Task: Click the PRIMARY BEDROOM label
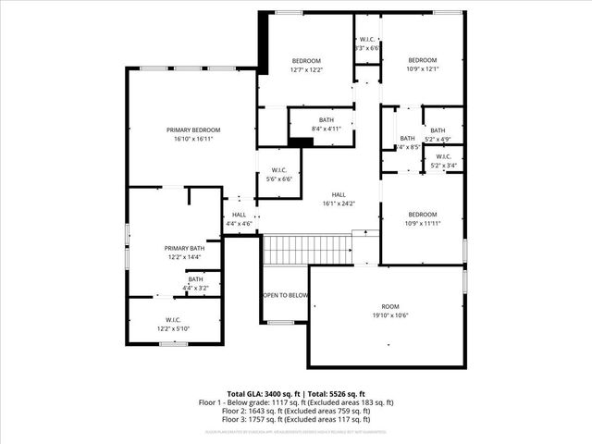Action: [192, 129]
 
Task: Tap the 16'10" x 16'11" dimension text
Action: [192, 139]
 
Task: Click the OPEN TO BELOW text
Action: [285, 295]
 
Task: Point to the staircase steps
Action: [308, 249]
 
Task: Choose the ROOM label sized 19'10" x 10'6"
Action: [390, 306]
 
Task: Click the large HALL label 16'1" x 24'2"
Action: [339, 194]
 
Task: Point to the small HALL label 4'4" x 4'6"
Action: [239, 215]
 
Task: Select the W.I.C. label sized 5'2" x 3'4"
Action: [442, 156]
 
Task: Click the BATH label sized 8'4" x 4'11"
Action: [327, 119]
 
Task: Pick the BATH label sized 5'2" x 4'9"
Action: [438, 130]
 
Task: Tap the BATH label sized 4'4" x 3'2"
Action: [195, 278]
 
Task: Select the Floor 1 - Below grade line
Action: [296, 402]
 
